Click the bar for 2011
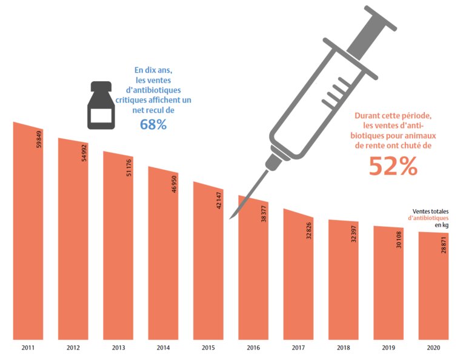28,242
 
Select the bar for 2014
163,261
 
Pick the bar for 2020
433,288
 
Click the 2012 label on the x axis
73,348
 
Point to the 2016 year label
253,348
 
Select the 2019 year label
388,348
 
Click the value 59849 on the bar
39,139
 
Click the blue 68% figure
153,125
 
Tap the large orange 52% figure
393,166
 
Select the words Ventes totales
431,211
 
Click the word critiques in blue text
133,101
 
